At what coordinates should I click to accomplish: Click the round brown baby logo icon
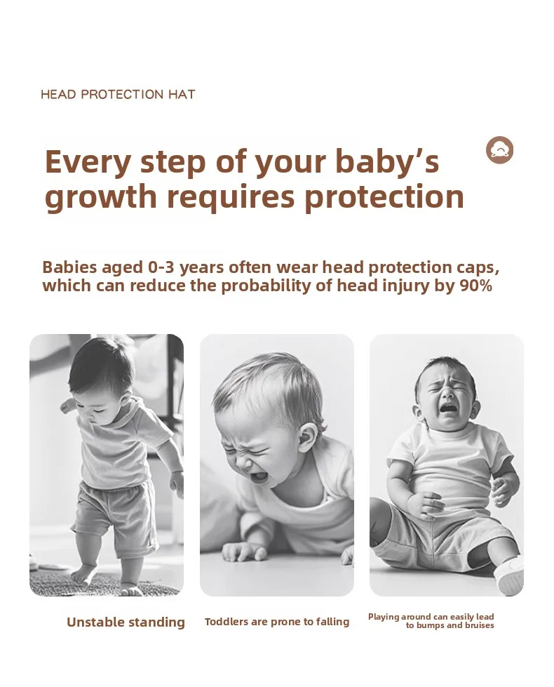499,150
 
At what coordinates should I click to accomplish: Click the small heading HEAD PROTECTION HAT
118,95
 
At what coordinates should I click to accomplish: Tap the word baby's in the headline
387,161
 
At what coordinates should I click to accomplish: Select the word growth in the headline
101,196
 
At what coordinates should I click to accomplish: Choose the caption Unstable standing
126,622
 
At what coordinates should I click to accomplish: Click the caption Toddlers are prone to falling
277,622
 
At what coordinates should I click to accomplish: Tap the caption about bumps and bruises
431,621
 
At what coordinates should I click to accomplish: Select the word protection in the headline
384,198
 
